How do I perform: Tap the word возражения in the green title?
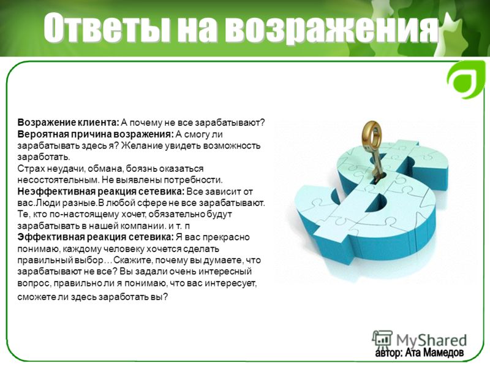[331, 28]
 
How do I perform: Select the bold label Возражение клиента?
[68, 122]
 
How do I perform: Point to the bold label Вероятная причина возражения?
[96, 134]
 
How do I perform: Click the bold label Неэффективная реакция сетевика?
[101, 191]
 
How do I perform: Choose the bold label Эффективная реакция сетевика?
[96, 237]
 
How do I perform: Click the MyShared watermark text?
[432, 340]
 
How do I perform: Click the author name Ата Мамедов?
[434, 353]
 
